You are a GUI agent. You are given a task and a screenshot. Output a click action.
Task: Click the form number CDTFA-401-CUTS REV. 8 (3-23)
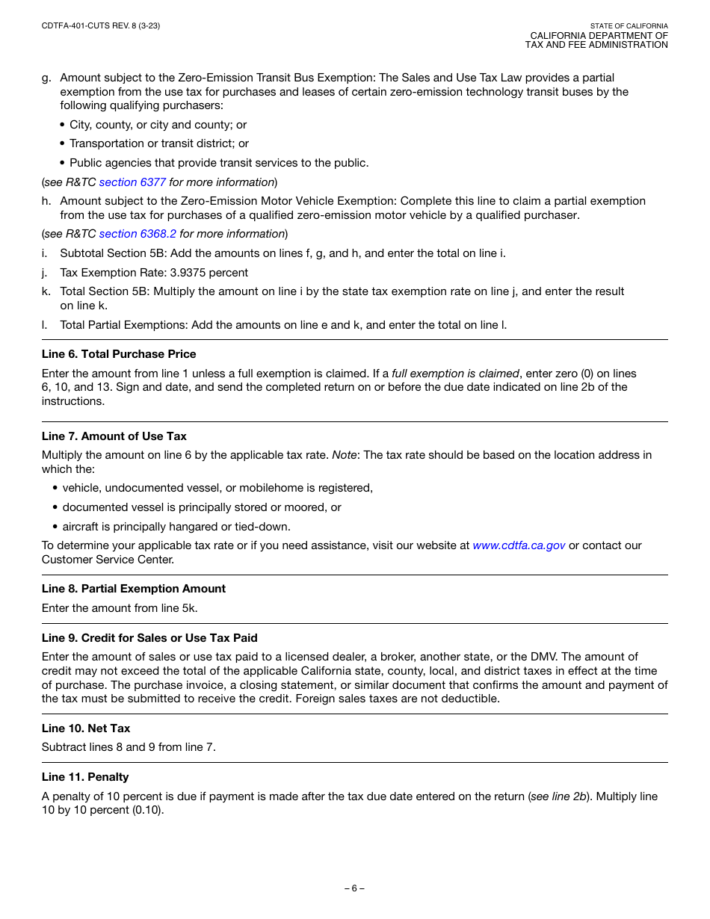[101, 26]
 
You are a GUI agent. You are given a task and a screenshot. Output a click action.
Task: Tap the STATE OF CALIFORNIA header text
[629, 26]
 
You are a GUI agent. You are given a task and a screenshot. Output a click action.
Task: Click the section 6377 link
[132, 182]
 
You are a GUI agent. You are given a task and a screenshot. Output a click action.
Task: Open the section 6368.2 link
[138, 234]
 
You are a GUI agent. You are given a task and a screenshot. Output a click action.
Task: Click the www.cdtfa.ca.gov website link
[519, 545]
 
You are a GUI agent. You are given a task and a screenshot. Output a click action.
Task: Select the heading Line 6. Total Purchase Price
[119, 354]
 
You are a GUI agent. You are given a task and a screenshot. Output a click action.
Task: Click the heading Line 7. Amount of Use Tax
[114, 436]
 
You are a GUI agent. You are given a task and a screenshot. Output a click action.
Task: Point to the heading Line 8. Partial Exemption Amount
[134, 589]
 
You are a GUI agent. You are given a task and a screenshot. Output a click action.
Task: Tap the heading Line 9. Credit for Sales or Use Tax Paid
[149, 638]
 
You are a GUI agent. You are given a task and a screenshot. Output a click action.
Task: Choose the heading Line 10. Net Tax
[86, 728]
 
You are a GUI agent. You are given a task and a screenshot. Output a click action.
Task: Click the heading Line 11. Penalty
[85, 777]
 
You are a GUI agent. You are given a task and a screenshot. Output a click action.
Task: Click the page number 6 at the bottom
[354, 889]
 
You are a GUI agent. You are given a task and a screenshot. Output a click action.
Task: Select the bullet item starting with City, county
[158, 125]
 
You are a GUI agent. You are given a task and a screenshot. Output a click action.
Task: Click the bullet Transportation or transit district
[158, 143]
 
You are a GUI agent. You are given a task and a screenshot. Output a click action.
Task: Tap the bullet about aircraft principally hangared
[176, 527]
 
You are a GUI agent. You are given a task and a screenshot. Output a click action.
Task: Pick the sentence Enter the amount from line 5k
[120, 608]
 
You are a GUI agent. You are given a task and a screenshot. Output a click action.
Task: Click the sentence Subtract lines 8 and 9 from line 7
[129, 747]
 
